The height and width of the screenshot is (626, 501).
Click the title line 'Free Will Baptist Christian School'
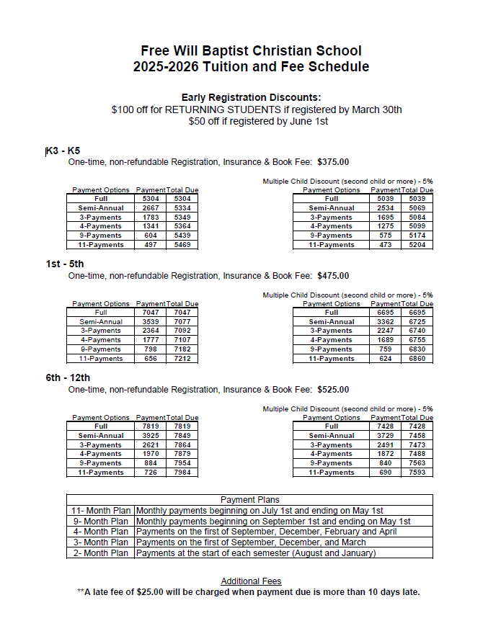251,50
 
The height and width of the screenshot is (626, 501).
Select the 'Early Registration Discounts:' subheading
251,97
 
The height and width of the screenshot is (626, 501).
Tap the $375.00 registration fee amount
333,162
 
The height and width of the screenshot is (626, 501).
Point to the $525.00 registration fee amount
333,390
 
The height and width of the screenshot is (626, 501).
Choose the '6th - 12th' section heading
68,377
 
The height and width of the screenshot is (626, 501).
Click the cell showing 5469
182,245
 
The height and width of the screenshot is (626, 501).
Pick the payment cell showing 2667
151,208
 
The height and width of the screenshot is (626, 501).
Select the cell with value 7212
182,359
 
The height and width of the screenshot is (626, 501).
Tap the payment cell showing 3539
151,322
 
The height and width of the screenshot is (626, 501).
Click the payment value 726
151,473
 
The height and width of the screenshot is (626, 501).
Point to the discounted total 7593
417,473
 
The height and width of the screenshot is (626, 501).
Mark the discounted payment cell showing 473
386,245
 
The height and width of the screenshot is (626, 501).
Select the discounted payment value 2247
386,331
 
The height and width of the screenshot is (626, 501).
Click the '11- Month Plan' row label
100,511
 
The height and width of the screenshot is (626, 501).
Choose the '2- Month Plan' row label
100,553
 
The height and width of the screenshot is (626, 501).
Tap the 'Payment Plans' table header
249,499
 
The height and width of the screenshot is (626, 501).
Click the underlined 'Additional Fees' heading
251,581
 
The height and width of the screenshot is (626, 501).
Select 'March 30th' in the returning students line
376,109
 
